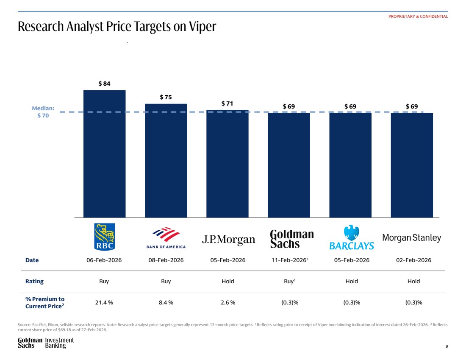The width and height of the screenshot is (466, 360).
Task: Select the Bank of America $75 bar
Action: tap(166, 160)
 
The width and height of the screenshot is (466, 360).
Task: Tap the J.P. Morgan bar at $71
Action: tap(227, 163)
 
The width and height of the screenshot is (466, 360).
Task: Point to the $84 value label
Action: tap(104, 84)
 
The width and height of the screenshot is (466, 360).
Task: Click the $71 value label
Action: tap(227, 103)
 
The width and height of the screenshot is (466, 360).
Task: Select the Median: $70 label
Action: tap(43, 112)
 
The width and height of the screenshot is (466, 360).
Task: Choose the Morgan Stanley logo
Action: tap(411, 238)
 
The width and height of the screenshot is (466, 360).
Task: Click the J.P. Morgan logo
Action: tap(228, 240)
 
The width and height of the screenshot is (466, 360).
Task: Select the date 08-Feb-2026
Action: tap(166, 260)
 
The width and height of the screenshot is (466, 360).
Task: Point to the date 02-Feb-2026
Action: tap(413, 260)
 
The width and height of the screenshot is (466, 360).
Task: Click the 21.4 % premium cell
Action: tap(104, 302)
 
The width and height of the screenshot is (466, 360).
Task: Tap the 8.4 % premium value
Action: tap(166, 302)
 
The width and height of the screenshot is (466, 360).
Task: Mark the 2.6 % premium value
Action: tap(227, 302)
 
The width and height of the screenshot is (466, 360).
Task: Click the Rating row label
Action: tap(34, 281)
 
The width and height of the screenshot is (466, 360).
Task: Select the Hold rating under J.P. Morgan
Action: tap(227, 281)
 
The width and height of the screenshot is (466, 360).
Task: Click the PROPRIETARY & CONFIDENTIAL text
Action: tap(418, 17)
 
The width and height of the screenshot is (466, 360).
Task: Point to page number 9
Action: tap(447, 346)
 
